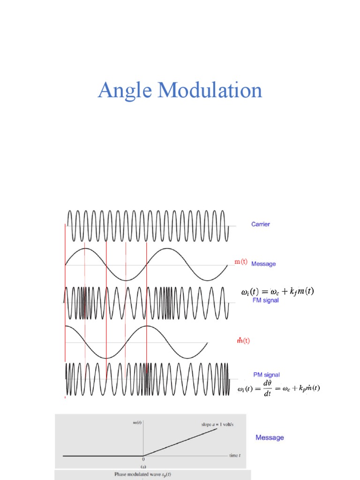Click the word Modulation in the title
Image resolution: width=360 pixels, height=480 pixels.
tap(210, 90)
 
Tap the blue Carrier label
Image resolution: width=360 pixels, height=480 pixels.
tap(261, 225)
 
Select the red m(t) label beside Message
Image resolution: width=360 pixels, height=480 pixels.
tap(241, 262)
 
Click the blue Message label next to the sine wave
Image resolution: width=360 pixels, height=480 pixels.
tap(263, 264)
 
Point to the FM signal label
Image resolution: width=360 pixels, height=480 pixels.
tap(265, 300)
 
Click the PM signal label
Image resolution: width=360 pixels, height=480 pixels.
tap(266, 375)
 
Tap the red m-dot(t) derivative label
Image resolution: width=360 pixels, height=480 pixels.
tap(242, 341)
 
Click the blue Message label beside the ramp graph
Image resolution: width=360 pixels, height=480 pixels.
tap(270, 437)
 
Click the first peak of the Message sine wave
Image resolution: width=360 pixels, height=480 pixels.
tap(85, 249)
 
